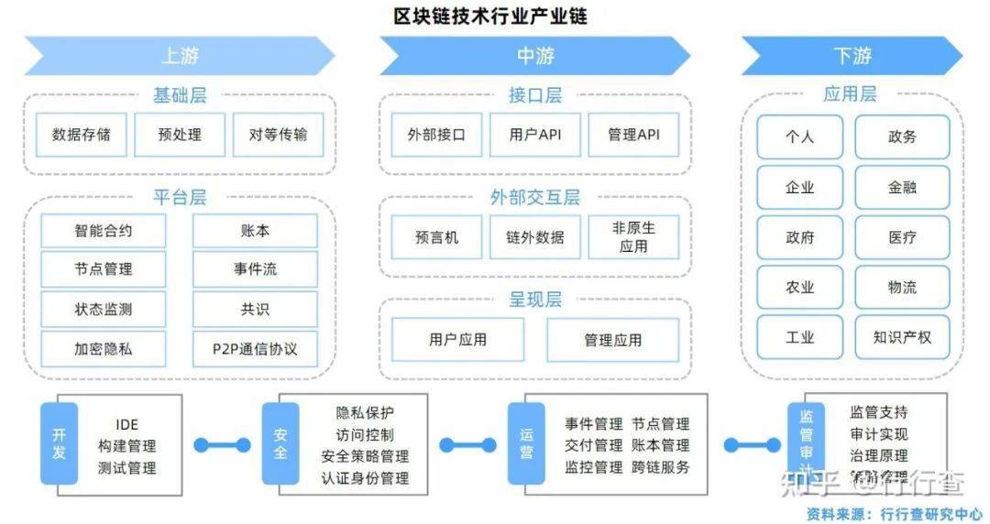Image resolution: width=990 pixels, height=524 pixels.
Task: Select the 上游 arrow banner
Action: (x=179, y=56)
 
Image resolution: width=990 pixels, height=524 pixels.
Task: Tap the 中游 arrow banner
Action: (x=534, y=56)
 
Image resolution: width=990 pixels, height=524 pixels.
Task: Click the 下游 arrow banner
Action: (x=852, y=56)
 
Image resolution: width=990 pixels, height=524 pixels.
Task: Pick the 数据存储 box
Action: (x=82, y=135)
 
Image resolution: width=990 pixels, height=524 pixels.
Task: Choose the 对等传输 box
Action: (x=278, y=135)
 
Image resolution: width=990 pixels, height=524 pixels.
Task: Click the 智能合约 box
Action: (x=104, y=231)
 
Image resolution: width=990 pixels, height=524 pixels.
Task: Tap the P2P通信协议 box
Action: (x=255, y=349)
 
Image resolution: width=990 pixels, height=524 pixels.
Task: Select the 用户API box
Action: (x=535, y=135)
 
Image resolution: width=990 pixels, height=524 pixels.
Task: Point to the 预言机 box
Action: (x=436, y=237)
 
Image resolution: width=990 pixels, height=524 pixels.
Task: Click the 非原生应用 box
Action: (x=633, y=237)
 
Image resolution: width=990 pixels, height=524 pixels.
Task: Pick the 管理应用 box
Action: (x=612, y=340)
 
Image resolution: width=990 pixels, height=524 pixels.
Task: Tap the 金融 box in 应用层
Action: (x=902, y=187)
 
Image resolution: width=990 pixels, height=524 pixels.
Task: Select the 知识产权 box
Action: (x=902, y=337)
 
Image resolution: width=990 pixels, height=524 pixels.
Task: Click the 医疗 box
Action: (x=902, y=237)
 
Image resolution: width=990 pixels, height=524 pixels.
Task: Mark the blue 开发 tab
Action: (x=59, y=443)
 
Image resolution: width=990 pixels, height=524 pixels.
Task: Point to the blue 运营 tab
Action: (x=526, y=443)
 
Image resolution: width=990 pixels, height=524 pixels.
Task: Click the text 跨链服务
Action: (x=660, y=466)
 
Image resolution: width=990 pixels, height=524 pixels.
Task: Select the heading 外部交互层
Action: (x=534, y=197)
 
